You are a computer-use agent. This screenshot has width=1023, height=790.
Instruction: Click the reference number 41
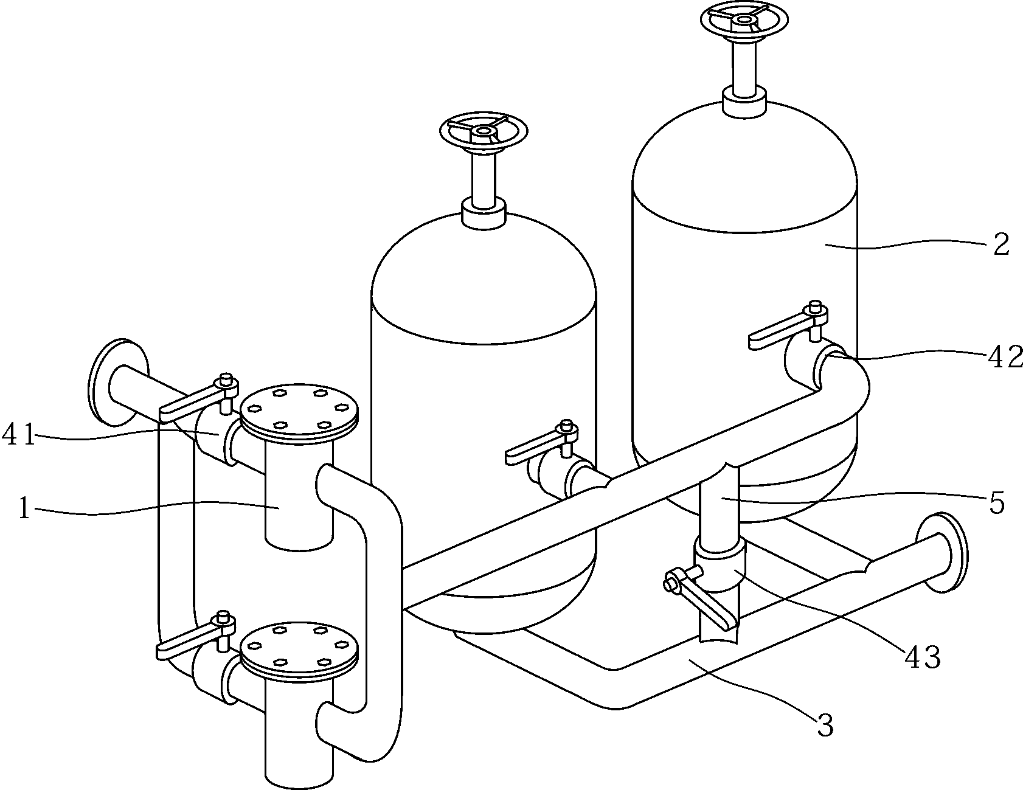pos(21,436)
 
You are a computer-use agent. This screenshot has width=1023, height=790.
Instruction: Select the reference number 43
pos(923,657)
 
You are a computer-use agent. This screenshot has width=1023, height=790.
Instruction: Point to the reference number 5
pos(996,504)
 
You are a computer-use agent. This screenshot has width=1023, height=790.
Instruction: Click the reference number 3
pos(824,725)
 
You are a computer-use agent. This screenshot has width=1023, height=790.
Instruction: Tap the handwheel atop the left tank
pos(483,131)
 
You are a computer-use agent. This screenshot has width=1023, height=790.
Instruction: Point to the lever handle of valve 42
pos(782,331)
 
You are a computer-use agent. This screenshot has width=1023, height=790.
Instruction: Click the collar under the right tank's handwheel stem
pos(743,101)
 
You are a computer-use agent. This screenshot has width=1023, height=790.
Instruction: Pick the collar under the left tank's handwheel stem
pos(483,213)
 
